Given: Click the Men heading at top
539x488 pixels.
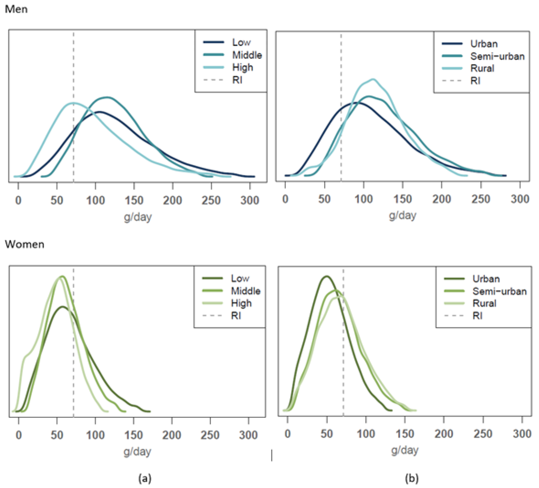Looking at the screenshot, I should pyautogui.click(x=16, y=9).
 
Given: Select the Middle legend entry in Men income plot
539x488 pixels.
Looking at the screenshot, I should pyautogui.click(x=247, y=55).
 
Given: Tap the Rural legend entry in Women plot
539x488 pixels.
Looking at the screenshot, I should pyautogui.click(x=484, y=303).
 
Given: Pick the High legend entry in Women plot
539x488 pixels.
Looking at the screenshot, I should pyautogui.click(x=241, y=303).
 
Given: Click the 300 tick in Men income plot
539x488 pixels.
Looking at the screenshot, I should pyautogui.click(x=249, y=200).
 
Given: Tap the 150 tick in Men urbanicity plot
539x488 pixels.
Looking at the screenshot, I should pyautogui.click(x=402, y=199).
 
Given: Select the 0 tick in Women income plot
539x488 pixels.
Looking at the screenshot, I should pyautogui.click(x=18, y=435).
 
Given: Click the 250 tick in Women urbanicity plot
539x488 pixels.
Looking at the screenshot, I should pyautogui.click(x=483, y=434).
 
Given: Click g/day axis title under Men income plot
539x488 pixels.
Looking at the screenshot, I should pyautogui.click(x=137, y=217).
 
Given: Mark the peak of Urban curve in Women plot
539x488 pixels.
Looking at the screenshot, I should pyautogui.click(x=326, y=276).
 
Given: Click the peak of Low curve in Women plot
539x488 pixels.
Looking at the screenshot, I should pyautogui.click(x=63, y=306).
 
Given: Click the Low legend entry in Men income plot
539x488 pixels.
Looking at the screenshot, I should pyautogui.click(x=241, y=42).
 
